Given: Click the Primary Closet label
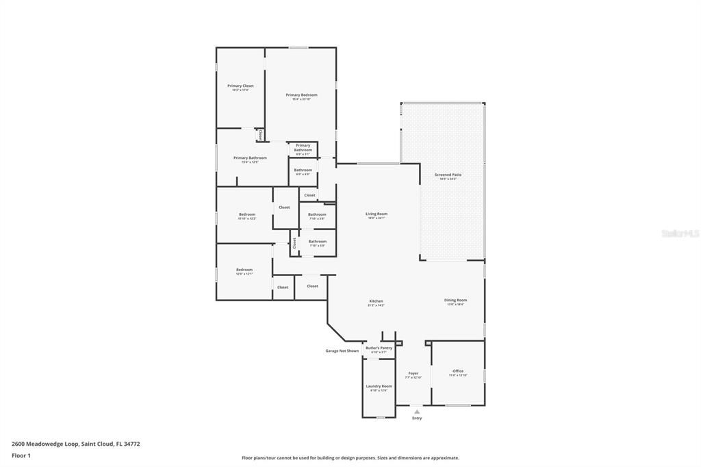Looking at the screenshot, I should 240,86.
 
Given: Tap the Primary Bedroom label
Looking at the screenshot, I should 301,95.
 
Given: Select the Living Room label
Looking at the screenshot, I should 377,214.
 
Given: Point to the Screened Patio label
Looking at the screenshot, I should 448,175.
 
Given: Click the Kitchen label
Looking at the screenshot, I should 376,301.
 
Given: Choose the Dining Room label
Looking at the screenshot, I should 455,300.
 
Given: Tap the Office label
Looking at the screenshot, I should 458,371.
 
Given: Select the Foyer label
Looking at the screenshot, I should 413,373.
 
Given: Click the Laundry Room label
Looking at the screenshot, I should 379,386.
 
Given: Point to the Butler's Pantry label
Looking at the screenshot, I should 379,348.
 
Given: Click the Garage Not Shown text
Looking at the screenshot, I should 342,351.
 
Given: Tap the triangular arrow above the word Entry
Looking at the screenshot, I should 417,411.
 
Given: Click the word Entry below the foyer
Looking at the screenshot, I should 417,418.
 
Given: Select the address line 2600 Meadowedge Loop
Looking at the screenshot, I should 76,444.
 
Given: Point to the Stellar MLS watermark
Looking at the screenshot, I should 680,233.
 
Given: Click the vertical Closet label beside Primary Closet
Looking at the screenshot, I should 260,135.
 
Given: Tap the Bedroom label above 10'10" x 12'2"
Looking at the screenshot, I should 246,214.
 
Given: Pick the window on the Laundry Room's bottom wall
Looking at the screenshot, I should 381,417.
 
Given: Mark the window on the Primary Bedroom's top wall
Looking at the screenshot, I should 298,47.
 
